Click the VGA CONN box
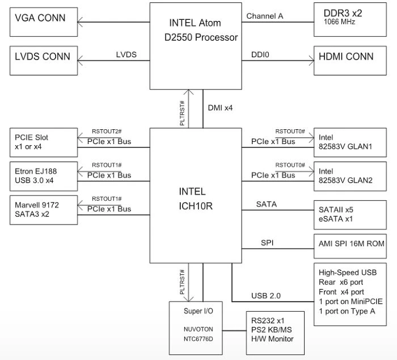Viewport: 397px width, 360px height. click(44, 22)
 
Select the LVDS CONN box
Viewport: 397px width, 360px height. click(44, 61)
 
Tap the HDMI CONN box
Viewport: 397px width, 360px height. click(350, 61)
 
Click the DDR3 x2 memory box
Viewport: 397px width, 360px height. click(350, 20)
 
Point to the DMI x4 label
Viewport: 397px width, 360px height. click(220, 108)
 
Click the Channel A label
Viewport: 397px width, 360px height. click(265, 16)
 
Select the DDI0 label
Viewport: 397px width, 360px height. click(260, 54)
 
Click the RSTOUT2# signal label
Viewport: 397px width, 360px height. click(107, 132)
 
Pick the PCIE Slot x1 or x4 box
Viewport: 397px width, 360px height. click(44, 142)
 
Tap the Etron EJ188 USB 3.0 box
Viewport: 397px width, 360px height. click(44, 176)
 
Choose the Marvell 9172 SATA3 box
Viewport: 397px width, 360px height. click(44, 210)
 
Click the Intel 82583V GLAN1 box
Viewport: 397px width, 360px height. click(350, 142)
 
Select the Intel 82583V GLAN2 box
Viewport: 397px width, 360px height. click(350, 176)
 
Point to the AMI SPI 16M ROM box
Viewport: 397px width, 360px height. click(350, 246)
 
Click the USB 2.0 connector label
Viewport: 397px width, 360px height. click(266, 296)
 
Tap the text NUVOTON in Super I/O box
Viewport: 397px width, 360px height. click(198, 329)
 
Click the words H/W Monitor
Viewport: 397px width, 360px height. click(272, 338)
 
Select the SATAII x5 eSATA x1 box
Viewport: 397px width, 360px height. click(350, 215)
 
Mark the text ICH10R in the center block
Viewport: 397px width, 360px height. click(196, 206)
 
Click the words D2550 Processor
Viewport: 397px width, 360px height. click(201, 37)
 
